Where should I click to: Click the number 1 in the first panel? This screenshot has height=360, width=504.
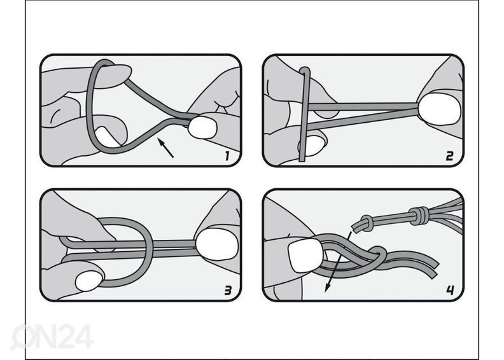coord(227,156)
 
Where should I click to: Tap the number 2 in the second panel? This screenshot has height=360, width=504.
coord(449,156)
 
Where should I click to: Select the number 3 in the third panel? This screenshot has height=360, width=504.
coord(228,291)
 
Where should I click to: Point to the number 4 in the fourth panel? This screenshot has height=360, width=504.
coord(451,290)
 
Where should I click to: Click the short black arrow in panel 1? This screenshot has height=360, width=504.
coord(165,148)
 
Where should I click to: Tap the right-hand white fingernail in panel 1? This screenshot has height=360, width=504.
coord(202,127)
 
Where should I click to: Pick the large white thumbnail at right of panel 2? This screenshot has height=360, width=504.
coord(439,109)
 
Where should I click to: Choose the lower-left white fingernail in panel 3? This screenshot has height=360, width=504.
coord(89,281)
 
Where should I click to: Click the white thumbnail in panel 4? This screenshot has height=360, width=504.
coord(306,256)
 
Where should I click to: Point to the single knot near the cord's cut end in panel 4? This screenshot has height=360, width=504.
coord(366,223)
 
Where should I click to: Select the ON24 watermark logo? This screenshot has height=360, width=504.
coord(52,336)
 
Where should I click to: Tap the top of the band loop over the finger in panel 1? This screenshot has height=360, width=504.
coord(103,61)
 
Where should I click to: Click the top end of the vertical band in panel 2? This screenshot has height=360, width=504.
coord(304,69)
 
